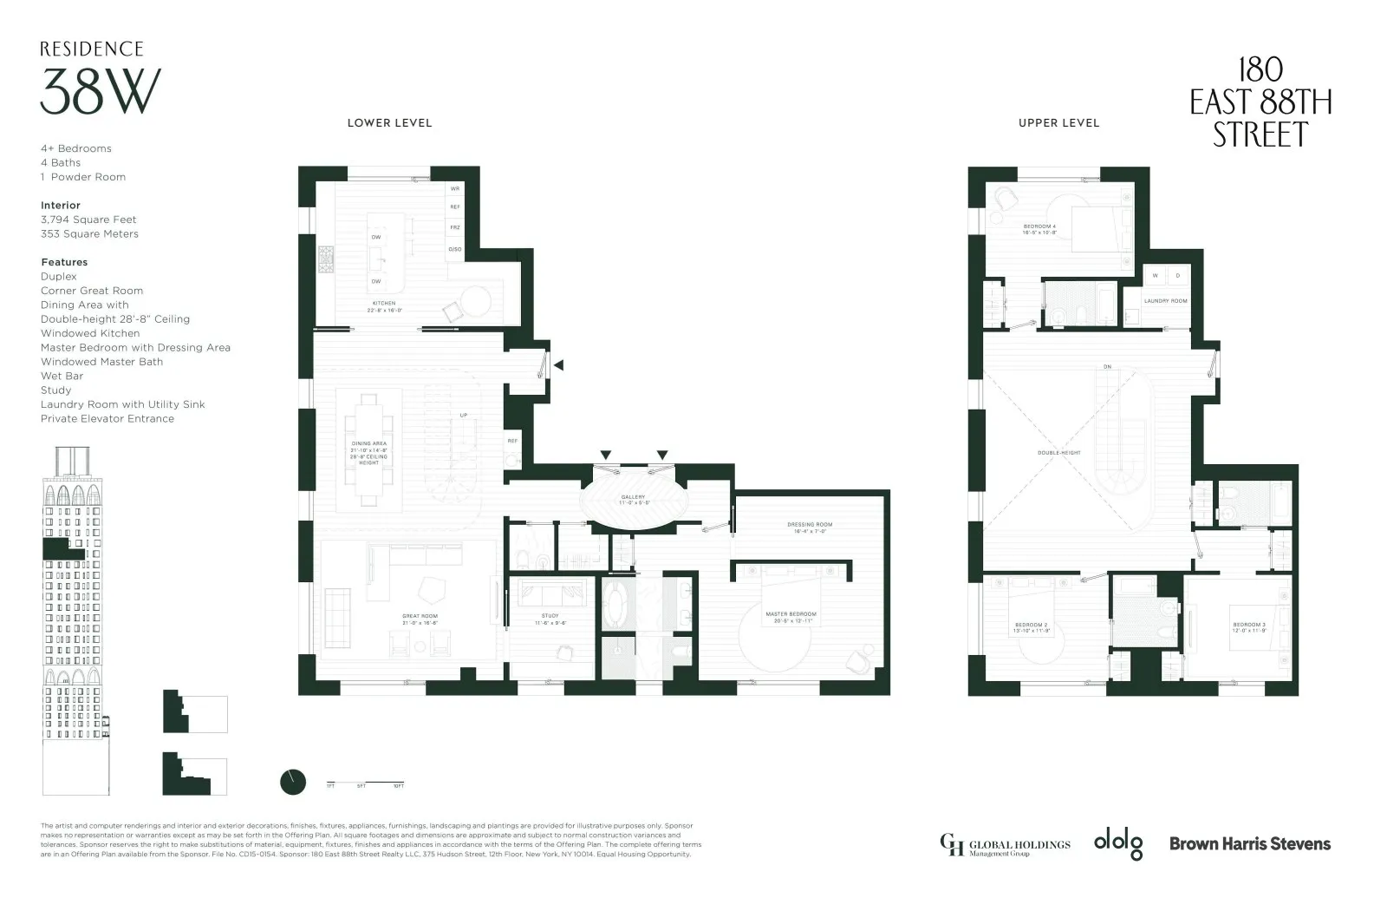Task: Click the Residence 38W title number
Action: click(x=101, y=92)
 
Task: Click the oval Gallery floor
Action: click(x=634, y=501)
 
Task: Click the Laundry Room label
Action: click(x=1165, y=301)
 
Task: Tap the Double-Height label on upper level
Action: click(x=1059, y=453)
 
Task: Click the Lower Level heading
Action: click(x=389, y=123)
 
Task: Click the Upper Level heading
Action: click(x=1058, y=123)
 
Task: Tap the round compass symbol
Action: click(x=293, y=782)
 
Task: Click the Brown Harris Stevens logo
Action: click(x=1249, y=842)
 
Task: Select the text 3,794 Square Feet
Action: click(x=88, y=220)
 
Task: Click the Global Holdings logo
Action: click(x=1005, y=844)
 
